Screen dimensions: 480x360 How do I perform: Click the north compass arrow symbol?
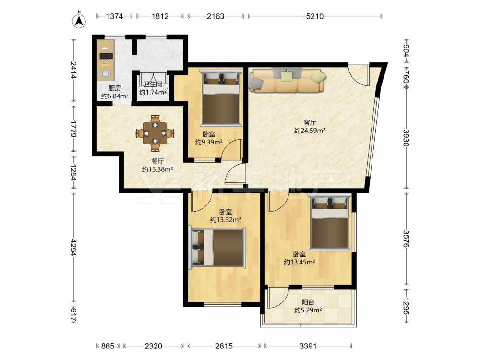[79, 20]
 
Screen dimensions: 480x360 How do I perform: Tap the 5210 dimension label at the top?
[315, 16]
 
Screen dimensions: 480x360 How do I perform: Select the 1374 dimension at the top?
[115, 16]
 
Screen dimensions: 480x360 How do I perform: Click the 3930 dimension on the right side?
[406, 138]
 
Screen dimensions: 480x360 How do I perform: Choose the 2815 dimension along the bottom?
[224, 346]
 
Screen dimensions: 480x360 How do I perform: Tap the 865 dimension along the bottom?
[108, 346]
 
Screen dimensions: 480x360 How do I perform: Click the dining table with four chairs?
[155, 133]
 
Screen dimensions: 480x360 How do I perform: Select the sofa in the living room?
[287, 80]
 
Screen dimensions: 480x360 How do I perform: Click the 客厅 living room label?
[310, 122]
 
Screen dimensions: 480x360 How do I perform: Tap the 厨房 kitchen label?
[115, 88]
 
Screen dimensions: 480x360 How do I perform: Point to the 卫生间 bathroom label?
[153, 84]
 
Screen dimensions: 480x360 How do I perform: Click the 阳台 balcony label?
[308, 302]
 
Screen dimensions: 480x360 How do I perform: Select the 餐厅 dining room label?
[157, 161]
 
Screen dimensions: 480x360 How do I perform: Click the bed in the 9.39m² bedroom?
[221, 97]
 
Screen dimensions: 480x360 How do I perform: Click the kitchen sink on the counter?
[106, 74]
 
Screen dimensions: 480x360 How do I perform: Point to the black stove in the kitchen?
[106, 56]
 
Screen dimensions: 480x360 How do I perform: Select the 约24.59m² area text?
[310, 131]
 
